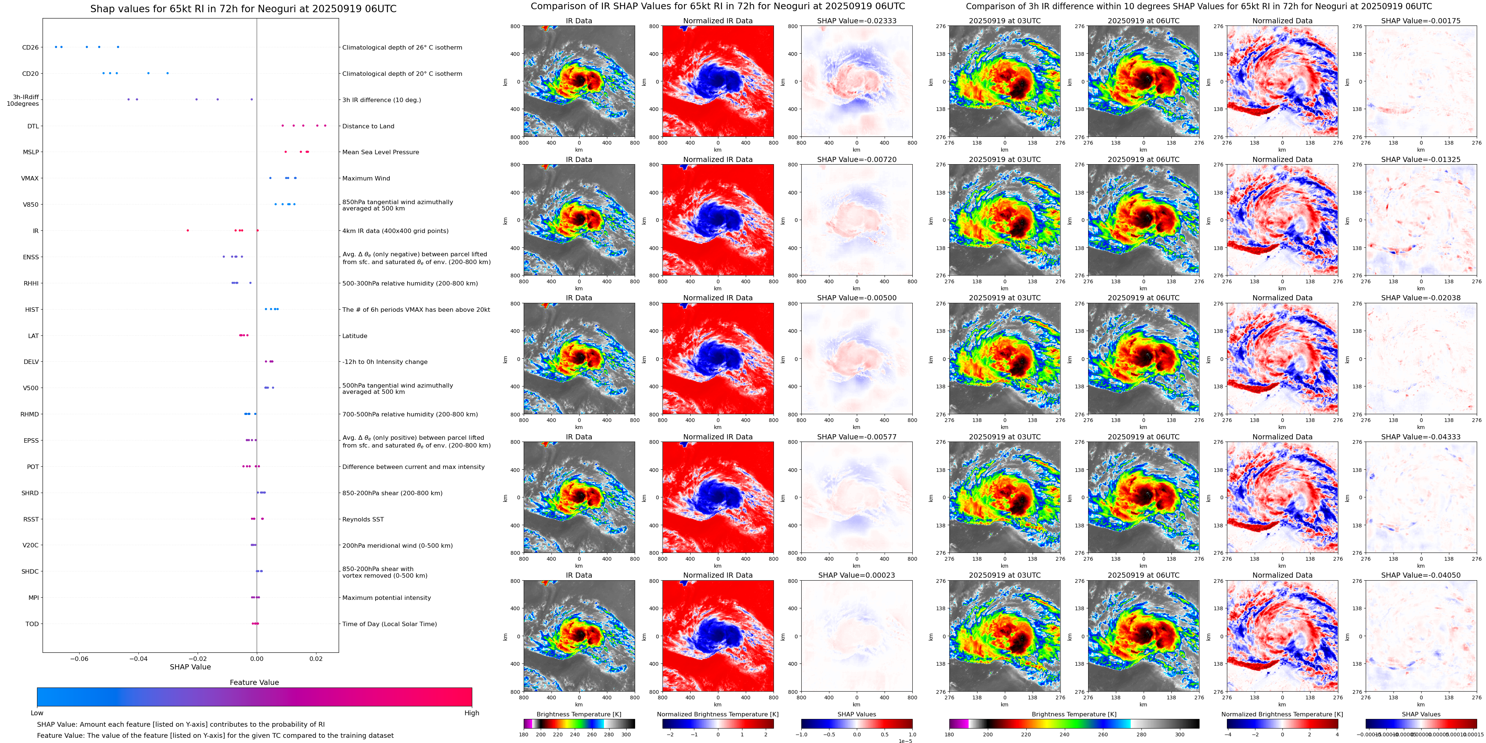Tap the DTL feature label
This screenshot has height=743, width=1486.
click(33, 126)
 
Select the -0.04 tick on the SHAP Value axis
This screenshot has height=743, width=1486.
click(138, 658)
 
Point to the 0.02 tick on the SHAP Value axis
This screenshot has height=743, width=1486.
click(316, 658)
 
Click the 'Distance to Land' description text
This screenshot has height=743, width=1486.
click(368, 126)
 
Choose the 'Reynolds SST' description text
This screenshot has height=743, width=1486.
click(362, 519)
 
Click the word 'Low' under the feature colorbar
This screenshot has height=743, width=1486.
click(37, 713)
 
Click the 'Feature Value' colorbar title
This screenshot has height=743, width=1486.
click(254, 682)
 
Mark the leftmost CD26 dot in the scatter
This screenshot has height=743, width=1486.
click(56, 47)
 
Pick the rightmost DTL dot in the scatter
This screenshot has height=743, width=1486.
click(325, 126)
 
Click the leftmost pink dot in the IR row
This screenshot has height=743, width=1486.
click(188, 230)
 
